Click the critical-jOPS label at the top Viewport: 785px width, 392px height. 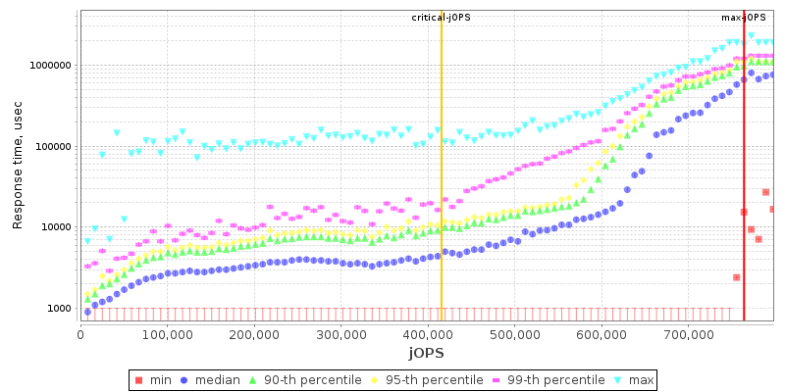(441, 18)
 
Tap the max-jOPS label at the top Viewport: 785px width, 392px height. (743, 18)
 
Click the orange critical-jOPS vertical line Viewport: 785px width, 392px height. (442, 196)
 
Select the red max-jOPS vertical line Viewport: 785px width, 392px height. (744, 196)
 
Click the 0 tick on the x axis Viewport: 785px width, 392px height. (80, 334)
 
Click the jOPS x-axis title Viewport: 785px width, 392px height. (426, 352)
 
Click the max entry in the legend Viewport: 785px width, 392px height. (632, 379)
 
